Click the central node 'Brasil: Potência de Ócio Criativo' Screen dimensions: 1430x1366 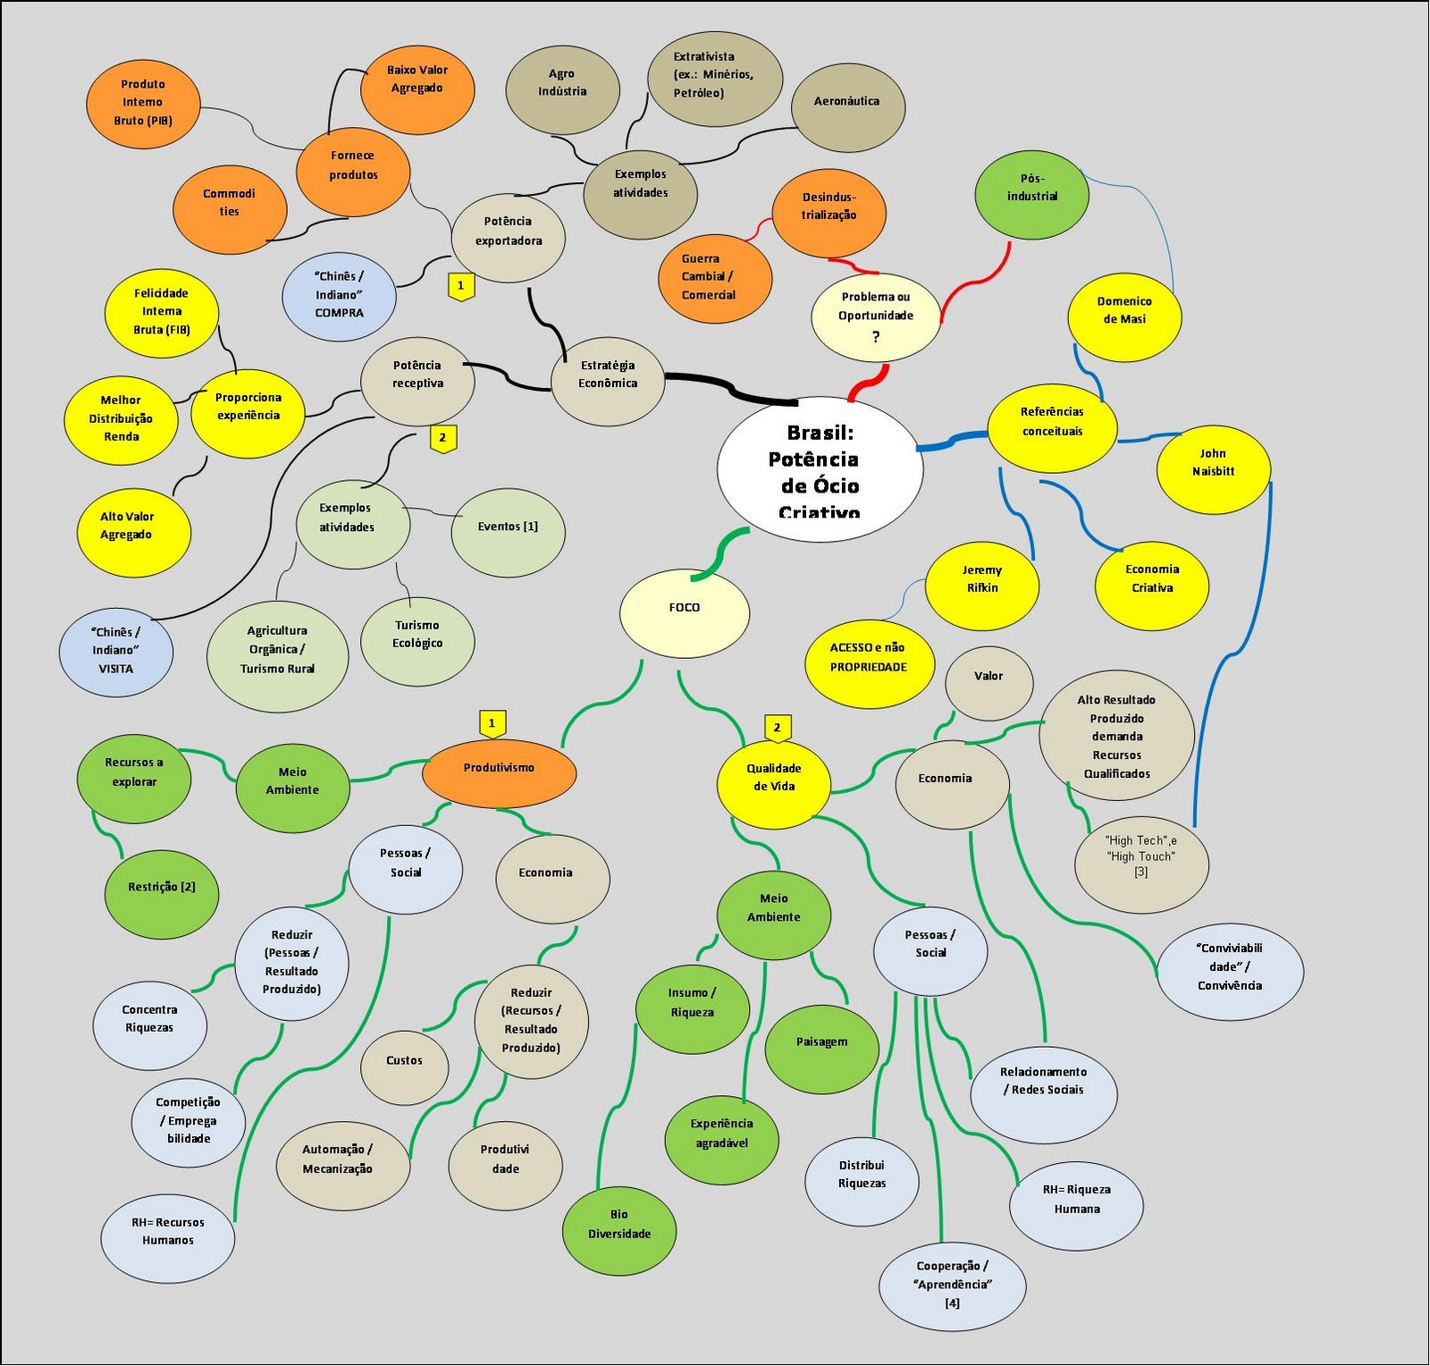pyautogui.click(x=820, y=469)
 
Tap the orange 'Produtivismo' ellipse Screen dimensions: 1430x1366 pyautogui.click(x=499, y=771)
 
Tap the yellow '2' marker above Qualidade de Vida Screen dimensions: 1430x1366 pyautogui.click(x=778, y=728)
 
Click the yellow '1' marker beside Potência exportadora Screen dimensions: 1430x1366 pyautogui.click(x=460, y=286)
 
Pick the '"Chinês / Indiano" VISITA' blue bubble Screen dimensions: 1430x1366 pyautogui.click(x=116, y=651)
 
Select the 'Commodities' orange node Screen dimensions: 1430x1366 pyautogui.click(x=230, y=208)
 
